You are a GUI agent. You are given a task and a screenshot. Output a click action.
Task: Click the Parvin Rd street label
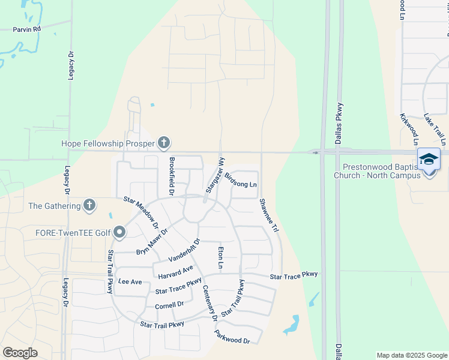[28, 28]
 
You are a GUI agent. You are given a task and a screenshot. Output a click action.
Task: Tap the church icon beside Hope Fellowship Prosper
[164, 143]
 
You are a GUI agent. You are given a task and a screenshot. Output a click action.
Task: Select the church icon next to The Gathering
[89, 206]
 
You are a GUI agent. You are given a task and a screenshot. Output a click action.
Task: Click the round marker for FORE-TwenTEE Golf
[119, 232]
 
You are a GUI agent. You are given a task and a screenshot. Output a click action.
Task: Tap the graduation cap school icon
[429, 159]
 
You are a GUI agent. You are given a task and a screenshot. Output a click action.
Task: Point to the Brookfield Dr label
[171, 176]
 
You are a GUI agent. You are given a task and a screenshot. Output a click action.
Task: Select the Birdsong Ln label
[241, 180]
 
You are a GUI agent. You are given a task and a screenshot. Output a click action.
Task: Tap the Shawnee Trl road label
[268, 215]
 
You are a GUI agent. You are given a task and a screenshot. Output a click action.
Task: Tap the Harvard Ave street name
[176, 272]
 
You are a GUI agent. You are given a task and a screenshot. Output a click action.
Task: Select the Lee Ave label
[130, 281]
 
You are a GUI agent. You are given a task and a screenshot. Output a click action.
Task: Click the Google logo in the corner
[20, 352]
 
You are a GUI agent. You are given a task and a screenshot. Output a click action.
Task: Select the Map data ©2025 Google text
[411, 355]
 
